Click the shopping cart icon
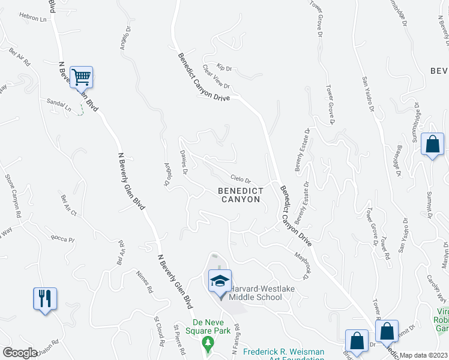[81, 77]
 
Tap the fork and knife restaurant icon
[45, 298]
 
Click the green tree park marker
[208, 344]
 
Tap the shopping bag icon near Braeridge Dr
[432, 145]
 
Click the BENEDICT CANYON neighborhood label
[240, 194]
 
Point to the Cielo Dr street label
[240, 179]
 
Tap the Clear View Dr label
[216, 77]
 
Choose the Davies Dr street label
[184, 163]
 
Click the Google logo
[20, 352]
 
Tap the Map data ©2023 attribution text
[423, 355]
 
